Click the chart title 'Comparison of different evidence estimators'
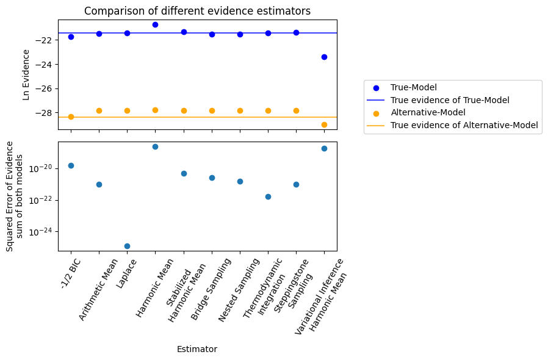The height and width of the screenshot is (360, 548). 197,11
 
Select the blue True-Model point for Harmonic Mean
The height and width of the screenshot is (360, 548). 155,24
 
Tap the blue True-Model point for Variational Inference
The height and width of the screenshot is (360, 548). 324,57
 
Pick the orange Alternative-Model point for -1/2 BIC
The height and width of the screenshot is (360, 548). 71,117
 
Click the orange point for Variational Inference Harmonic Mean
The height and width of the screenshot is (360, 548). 324,124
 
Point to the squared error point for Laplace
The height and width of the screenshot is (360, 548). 127,246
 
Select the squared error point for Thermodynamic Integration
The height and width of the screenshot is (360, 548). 268,196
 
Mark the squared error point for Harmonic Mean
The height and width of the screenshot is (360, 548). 155,146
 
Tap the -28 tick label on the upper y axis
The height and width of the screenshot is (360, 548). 46,113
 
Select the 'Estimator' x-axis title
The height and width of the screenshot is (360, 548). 196,349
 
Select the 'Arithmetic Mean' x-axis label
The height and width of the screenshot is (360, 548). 99,288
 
